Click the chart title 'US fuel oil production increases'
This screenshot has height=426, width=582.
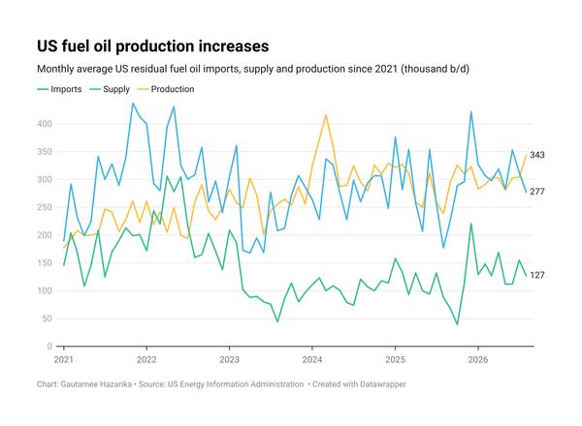[x=153, y=46]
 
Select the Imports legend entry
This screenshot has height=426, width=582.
[x=59, y=89]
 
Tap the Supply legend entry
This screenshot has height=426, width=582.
[x=110, y=89]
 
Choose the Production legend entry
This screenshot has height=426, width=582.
[x=166, y=89]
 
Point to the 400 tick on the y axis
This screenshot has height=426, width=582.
[x=45, y=124]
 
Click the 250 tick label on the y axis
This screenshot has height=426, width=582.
[x=45, y=207]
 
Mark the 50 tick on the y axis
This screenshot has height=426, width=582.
[x=48, y=319]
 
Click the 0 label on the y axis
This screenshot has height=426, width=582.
[x=49, y=347]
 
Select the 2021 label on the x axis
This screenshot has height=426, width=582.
[x=64, y=359]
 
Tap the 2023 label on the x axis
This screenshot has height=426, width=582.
[x=229, y=359]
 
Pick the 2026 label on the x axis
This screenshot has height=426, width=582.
[x=478, y=359]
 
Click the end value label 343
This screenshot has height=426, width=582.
[x=537, y=155]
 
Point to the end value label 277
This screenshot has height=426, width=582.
[x=537, y=192]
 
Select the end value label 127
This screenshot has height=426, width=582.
[x=537, y=275]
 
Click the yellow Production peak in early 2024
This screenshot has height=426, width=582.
[x=326, y=115]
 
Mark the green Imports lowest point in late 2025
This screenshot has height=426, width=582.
[x=457, y=325]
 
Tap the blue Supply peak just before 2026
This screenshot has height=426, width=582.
[x=471, y=111]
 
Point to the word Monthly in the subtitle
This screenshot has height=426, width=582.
[x=55, y=70]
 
